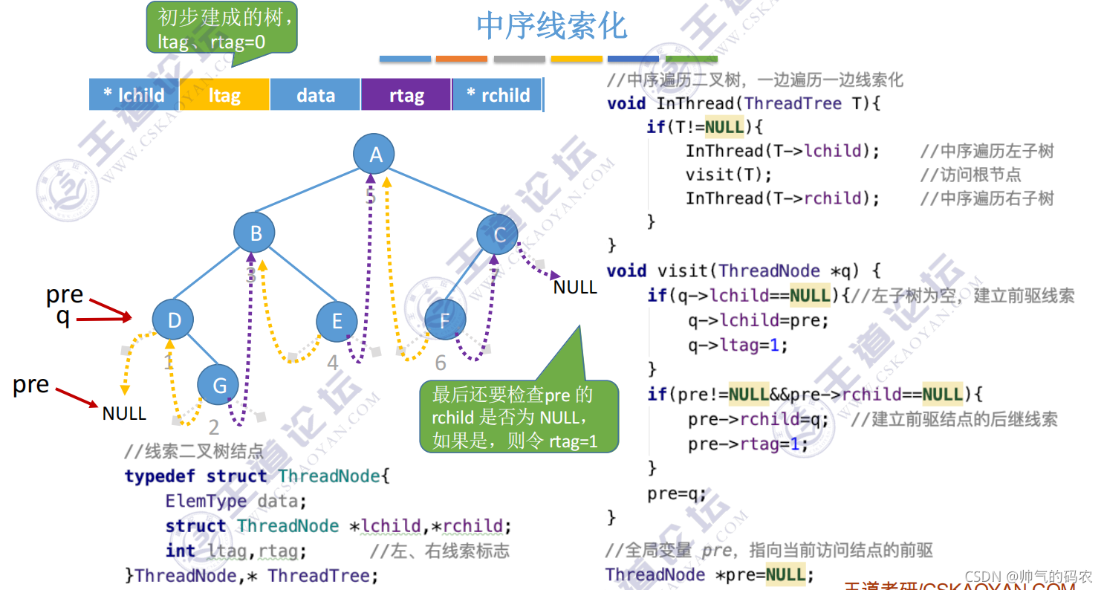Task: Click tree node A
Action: click(x=374, y=154)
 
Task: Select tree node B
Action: click(x=255, y=233)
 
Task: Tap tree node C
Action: click(x=499, y=234)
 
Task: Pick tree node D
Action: click(x=174, y=320)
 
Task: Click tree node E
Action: click(x=337, y=320)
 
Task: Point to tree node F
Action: click(x=444, y=320)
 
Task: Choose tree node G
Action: click(x=218, y=385)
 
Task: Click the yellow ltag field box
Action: click(x=224, y=95)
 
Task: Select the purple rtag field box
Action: click(x=406, y=95)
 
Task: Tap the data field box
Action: click(x=315, y=95)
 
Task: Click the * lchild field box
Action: click(x=134, y=95)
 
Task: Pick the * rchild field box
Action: click(x=498, y=95)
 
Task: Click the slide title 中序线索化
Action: click(x=552, y=26)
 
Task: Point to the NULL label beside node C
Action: click(x=575, y=287)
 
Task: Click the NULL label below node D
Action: click(x=124, y=412)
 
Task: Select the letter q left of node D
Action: click(x=62, y=317)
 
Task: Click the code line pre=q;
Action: click(x=677, y=493)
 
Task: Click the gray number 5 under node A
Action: click(x=371, y=196)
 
